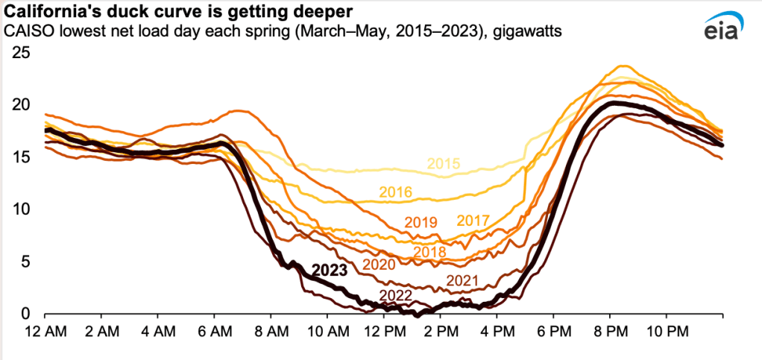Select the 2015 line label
[x=444, y=164]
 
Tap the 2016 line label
[x=395, y=192]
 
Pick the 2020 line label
[x=380, y=265]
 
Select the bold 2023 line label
[x=330, y=271]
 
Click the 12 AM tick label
[x=45, y=329]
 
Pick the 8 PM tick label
[x=609, y=329]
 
